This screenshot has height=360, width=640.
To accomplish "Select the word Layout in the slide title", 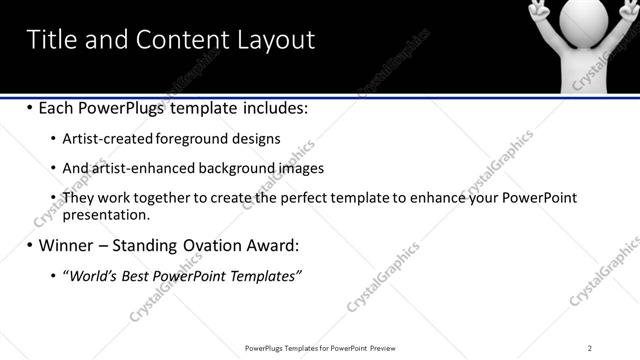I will [274, 40].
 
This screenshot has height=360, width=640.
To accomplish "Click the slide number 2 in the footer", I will [590, 347].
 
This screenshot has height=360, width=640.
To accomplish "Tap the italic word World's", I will [88, 276].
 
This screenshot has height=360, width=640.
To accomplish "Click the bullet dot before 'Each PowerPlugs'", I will [30, 107].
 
